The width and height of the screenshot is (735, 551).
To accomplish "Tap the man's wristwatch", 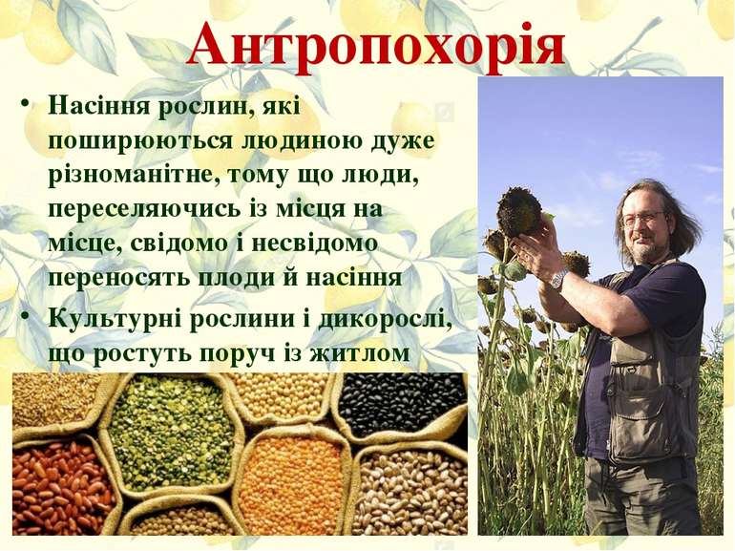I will [558, 278].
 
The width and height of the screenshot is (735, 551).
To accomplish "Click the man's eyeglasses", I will [642, 219].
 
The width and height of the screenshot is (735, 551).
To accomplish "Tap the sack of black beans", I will [400, 402].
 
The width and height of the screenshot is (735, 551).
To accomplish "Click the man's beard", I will [646, 251].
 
